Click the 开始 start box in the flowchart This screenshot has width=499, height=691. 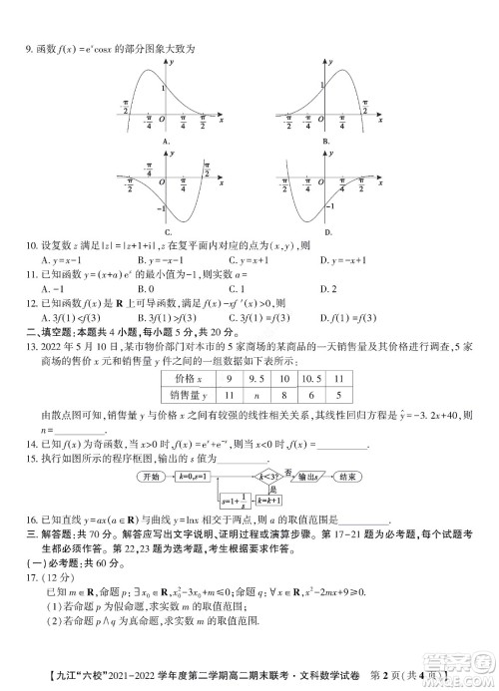(151, 477)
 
